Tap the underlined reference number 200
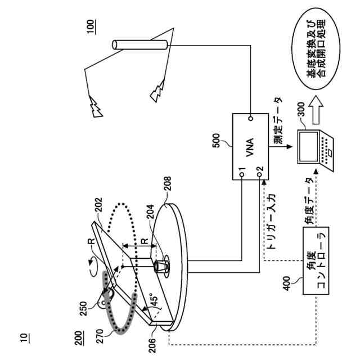pyautogui.click(x=79, y=336)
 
